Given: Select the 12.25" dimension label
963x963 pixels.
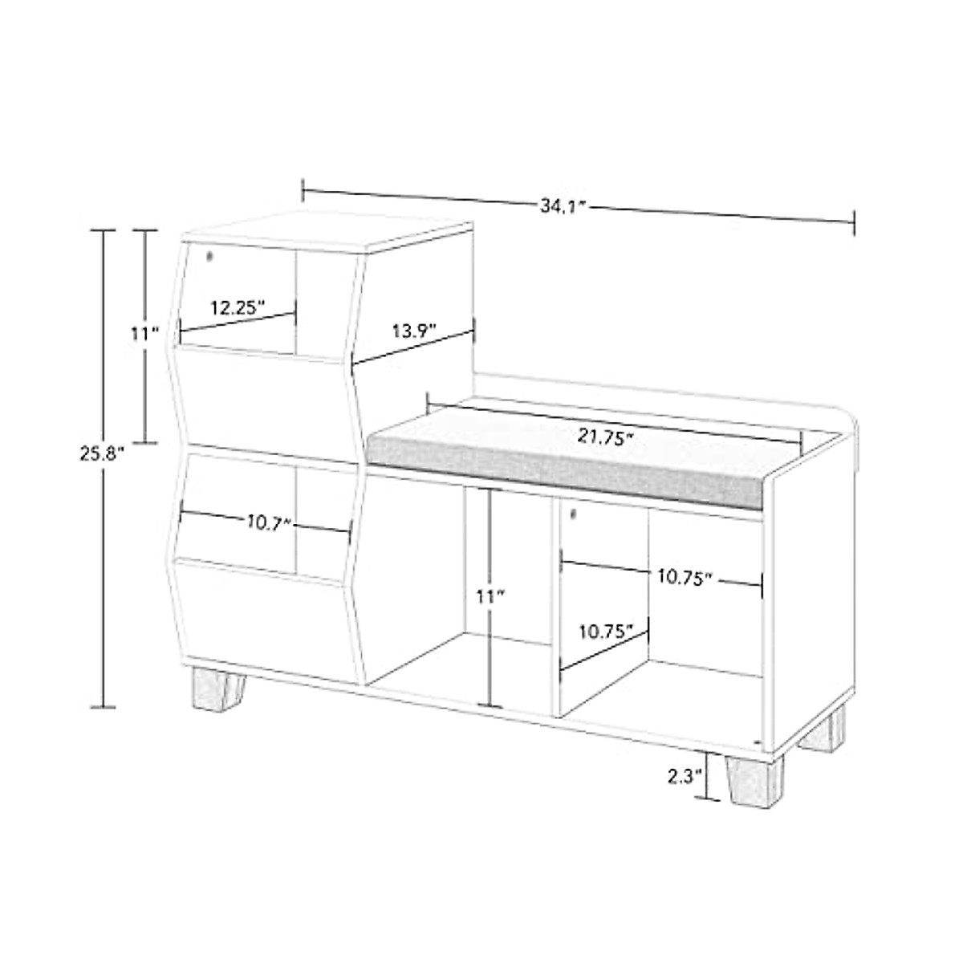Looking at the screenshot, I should pyautogui.click(x=238, y=307).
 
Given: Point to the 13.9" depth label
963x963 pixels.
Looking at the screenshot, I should pyautogui.click(x=414, y=330).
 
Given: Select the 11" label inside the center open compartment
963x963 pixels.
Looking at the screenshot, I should pyautogui.click(x=489, y=596).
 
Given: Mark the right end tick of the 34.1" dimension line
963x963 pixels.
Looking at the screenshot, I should pyautogui.click(x=853, y=222).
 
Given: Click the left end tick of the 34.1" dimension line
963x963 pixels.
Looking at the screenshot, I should pyautogui.click(x=303, y=190).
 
